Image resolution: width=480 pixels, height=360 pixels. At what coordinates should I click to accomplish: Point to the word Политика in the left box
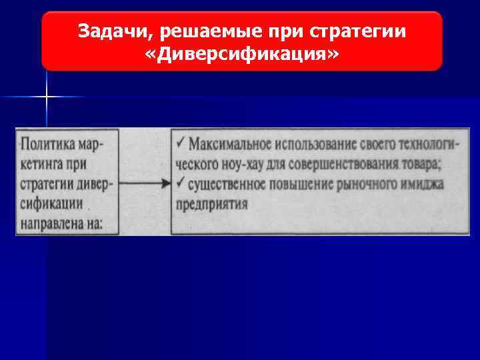tap(49, 144)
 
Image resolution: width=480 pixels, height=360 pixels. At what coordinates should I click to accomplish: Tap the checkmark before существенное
tap(181, 183)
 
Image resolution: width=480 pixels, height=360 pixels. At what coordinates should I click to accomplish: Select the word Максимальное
tap(226, 144)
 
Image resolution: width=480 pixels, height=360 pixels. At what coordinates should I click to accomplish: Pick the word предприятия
tap(213, 203)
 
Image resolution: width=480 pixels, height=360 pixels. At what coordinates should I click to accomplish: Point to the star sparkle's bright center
tap(47, 97)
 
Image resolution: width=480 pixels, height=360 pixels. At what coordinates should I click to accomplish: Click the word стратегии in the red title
tap(369, 31)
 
